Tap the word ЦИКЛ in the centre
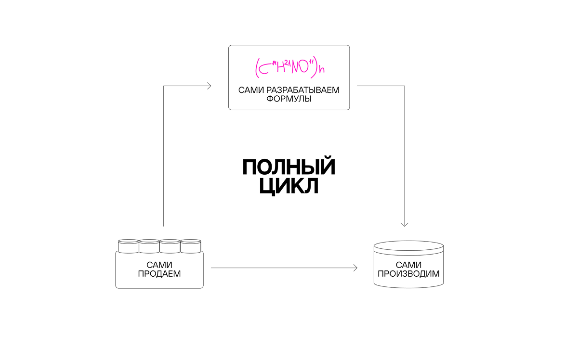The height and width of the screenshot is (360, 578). (289, 186)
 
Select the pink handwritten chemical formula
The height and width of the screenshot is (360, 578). (289, 67)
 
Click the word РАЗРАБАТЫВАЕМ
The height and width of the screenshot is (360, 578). (302, 90)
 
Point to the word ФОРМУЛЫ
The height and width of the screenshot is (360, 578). (289, 99)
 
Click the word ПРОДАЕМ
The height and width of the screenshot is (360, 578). (159, 274)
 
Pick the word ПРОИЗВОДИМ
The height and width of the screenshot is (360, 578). (408, 274)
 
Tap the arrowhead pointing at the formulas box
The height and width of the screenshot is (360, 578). (209, 86)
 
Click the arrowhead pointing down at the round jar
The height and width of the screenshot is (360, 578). (404, 225)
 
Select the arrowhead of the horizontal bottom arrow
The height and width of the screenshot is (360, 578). (355, 268)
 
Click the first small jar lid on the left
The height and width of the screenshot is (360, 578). (129, 246)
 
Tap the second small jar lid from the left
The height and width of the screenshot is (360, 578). (149, 246)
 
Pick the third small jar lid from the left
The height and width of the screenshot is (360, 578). (170, 246)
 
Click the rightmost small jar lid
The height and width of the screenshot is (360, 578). (190, 246)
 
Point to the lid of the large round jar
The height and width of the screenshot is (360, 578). (409, 248)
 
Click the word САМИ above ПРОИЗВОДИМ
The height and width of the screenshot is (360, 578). (408, 265)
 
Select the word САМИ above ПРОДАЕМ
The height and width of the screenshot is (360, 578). (159, 265)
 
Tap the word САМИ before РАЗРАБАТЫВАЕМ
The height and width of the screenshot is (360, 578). (251, 90)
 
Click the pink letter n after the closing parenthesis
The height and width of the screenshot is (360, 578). (322, 70)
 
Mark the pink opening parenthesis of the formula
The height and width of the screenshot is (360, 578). (257, 68)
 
